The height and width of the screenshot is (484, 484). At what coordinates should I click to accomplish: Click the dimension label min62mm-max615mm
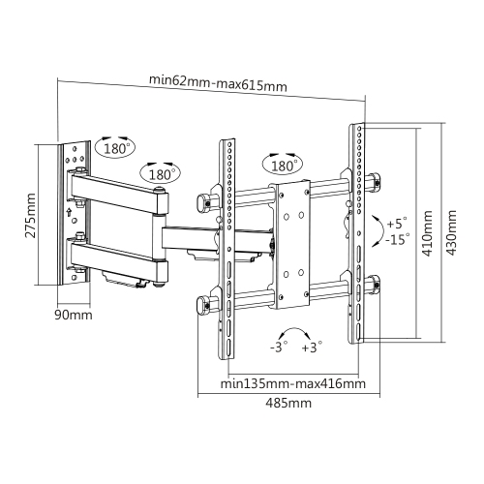coord(217,85)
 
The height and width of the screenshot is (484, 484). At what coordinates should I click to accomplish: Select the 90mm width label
coord(75,315)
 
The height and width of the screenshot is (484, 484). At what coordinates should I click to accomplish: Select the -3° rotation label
coord(279,348)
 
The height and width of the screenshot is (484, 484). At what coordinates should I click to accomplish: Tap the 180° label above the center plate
coord(285,166)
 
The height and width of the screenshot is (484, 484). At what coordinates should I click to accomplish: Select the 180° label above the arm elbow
coord(160,174)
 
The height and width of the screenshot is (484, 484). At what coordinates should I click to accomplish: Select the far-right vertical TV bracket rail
coord(358,232)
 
